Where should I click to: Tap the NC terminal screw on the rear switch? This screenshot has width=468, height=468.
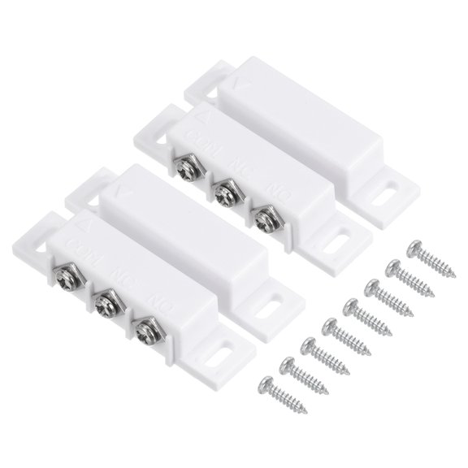point(223,191)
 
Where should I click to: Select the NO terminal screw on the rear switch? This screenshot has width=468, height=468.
point(264,217)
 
